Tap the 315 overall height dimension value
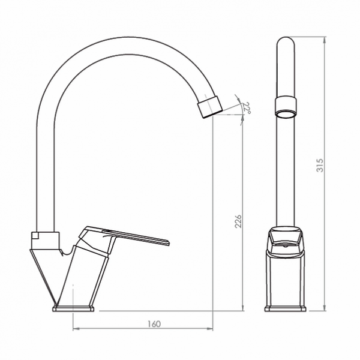tap(320, 165)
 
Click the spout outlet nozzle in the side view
tap(209, 107)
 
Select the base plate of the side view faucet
tap(74, 308)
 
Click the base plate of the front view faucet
tap(286, 308)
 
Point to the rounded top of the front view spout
tap(286, 42)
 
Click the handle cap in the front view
tap(286, 238)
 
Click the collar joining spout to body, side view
tap(46, 236)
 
